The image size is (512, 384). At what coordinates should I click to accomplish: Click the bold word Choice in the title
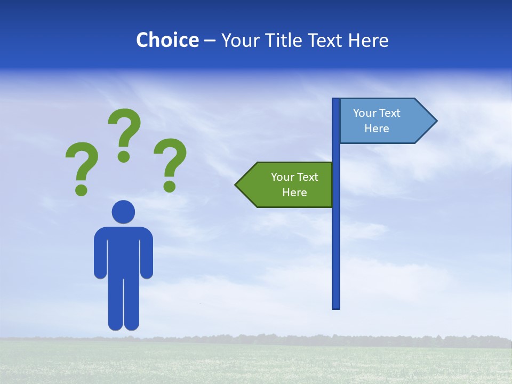tap(167, 40)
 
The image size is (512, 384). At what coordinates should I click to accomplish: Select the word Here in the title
tap(368, 40)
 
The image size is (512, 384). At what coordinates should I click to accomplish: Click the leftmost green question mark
tap(82, 163)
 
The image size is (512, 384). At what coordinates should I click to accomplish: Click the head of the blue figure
tap(123, 212)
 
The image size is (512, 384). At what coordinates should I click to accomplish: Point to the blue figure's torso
tap(123, 251)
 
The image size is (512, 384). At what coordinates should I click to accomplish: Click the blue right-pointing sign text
tap(377, 121)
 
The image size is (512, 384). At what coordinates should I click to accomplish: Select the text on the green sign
tap(294, 185)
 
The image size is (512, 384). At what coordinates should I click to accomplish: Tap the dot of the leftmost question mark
tap(81, 189)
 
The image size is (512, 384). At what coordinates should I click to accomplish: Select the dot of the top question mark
tap(124, 156)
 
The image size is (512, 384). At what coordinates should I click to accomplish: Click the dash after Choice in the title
tap(210, 41)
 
